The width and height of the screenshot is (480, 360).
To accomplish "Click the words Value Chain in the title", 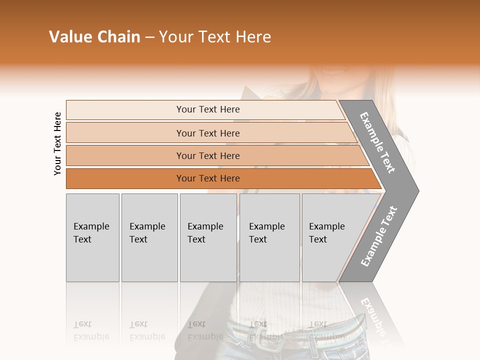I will (x=94, y=37).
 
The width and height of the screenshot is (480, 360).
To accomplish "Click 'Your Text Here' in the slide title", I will (x=215, y=37).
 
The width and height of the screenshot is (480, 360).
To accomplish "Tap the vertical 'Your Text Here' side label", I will (x=57, y=143).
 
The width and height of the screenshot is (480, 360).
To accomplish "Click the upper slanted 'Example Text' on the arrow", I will (x=377, y=142).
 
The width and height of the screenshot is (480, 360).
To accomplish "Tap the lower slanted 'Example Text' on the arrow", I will (x=378, y=236).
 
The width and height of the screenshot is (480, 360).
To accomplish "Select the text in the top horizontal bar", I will (x=208, y=109).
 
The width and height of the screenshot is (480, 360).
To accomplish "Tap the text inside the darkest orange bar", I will (x=208, y=178).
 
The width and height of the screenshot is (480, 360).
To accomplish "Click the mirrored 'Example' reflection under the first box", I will (x=91, y=336).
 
